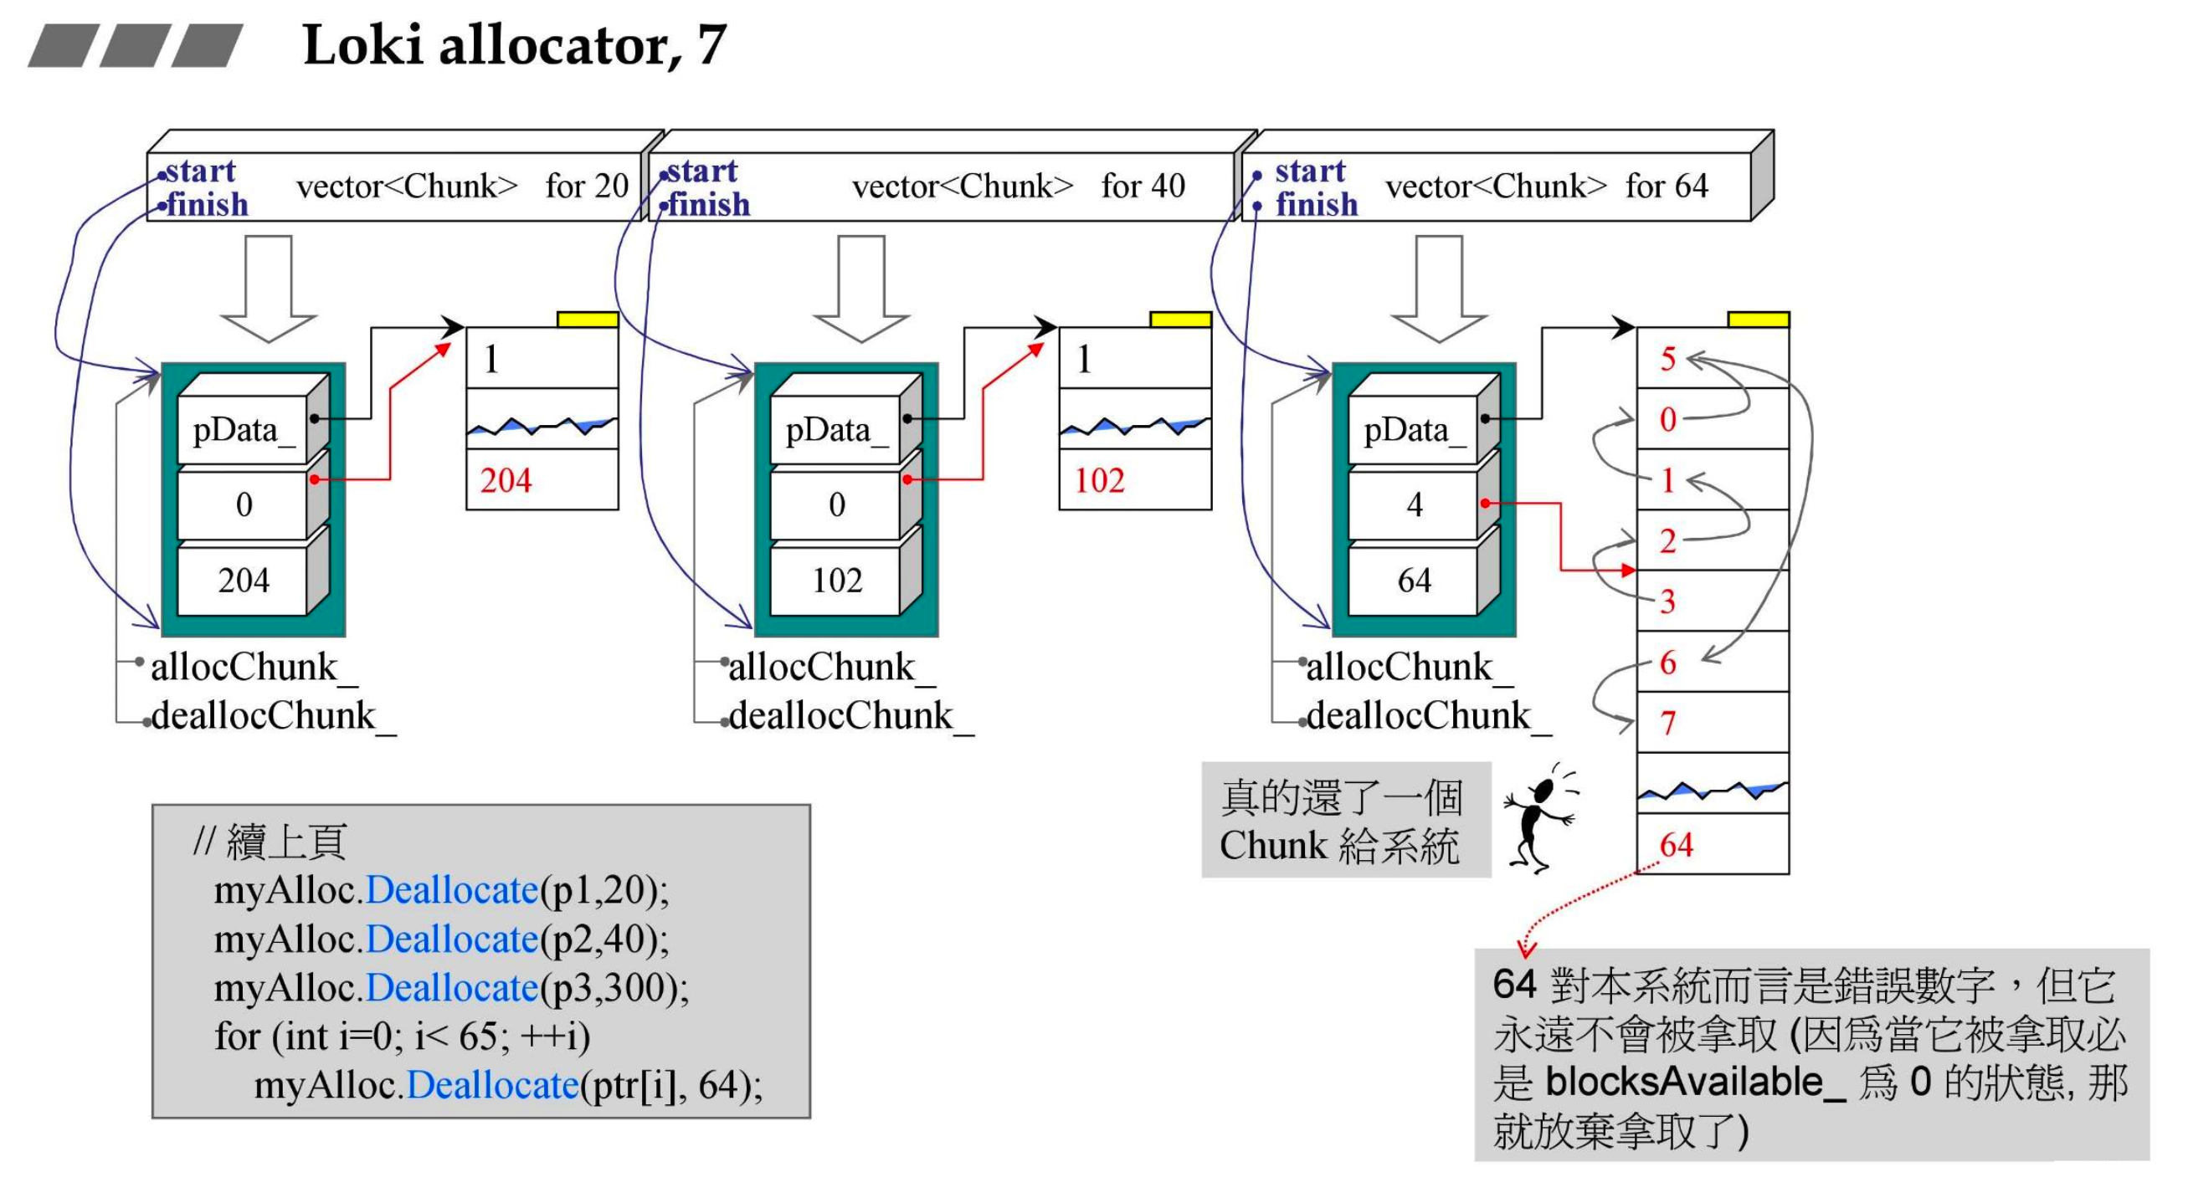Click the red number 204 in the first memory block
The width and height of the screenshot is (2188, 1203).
(506, 480)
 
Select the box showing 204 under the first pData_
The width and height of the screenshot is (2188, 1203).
(243, 581)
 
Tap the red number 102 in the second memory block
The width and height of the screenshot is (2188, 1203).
(1099, 480)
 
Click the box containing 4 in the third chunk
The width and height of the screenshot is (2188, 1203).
(1415, 505)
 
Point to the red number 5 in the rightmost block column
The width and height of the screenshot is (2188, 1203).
(1667, 358)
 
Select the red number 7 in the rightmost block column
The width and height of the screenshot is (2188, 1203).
(1667, 724)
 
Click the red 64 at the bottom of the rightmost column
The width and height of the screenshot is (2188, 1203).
(1675, 845)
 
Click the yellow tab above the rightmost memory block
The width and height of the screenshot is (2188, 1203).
(1758, 320)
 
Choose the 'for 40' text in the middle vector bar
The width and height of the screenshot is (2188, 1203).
(1143, 186)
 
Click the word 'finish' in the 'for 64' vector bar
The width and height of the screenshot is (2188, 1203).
(1316, 205)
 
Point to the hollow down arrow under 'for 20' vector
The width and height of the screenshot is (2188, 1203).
(269, 289)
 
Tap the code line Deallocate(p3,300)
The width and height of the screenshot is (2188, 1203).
(450, 988)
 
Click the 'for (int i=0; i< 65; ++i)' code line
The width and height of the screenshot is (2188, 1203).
(402, 1037)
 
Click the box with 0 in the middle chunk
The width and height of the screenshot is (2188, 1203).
(837, 505)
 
